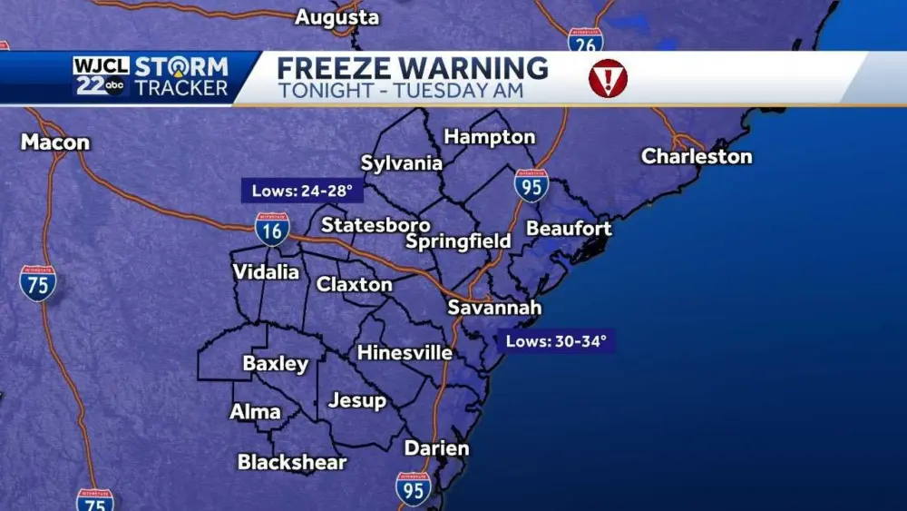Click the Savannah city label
point(494,308)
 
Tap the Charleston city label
point(697,156)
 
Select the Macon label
point(55,142)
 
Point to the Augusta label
point(337,17)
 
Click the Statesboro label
point(375,224)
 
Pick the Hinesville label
point(405,352)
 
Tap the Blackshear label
point(292,462)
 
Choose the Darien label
point(436,448)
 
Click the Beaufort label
point(569,229)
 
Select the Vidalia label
point(266,272)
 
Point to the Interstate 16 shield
point(272,230)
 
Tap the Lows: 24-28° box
point(297,191)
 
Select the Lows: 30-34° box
point(555,341)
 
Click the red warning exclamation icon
point(608,78)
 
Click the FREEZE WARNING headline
point(413,68)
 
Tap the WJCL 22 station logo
point(101,76)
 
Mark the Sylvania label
point(402,163)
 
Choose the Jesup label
point(357,400)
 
